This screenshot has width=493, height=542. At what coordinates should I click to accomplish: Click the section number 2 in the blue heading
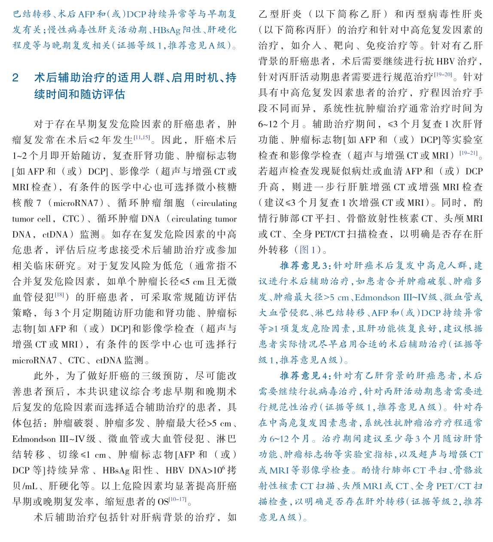pos(16,78)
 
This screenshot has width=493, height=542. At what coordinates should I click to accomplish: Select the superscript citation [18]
pos(59,295)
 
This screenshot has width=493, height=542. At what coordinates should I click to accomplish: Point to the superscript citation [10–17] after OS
pos(177,499)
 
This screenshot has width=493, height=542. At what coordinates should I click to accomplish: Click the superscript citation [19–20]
pos(443,75)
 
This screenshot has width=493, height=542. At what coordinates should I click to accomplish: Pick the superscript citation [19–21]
pos(468,153)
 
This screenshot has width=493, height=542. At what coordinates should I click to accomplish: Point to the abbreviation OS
pos(163,502)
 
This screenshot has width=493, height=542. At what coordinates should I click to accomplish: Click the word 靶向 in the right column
pos(343,46)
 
